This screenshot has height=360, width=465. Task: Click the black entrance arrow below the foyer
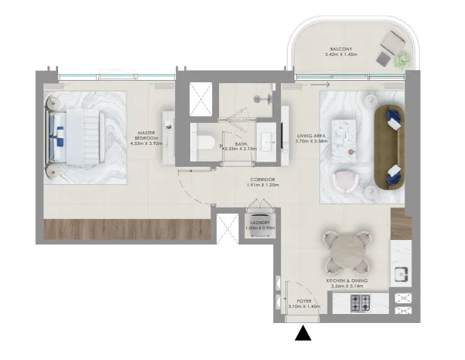coord(303,333)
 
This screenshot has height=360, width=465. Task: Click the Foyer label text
coord(303,303)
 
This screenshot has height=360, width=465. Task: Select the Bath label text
coord(240,146)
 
